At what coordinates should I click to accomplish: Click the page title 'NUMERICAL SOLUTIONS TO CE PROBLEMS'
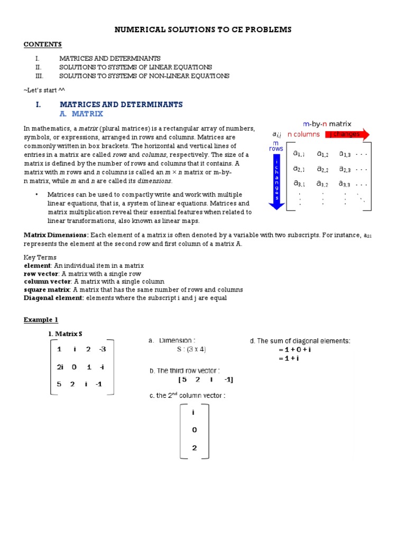203,30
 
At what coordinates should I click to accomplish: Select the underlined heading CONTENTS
43,44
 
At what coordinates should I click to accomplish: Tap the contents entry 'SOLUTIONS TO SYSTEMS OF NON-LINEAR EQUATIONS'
144,76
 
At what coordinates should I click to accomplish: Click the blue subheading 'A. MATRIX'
81,114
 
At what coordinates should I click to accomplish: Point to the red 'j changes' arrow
347,134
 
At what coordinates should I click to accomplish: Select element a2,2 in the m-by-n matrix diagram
322,169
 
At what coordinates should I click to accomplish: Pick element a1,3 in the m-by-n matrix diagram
345,154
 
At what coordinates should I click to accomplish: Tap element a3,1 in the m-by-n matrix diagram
299,184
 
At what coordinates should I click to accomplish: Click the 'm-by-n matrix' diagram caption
327,124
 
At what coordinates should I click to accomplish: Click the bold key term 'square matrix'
47,290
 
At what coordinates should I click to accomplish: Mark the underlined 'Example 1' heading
41,320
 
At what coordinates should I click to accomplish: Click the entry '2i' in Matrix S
60,367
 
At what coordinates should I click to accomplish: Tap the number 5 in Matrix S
59,384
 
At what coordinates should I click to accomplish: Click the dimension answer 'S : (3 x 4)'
191,349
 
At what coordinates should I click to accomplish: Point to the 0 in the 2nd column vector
194,430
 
